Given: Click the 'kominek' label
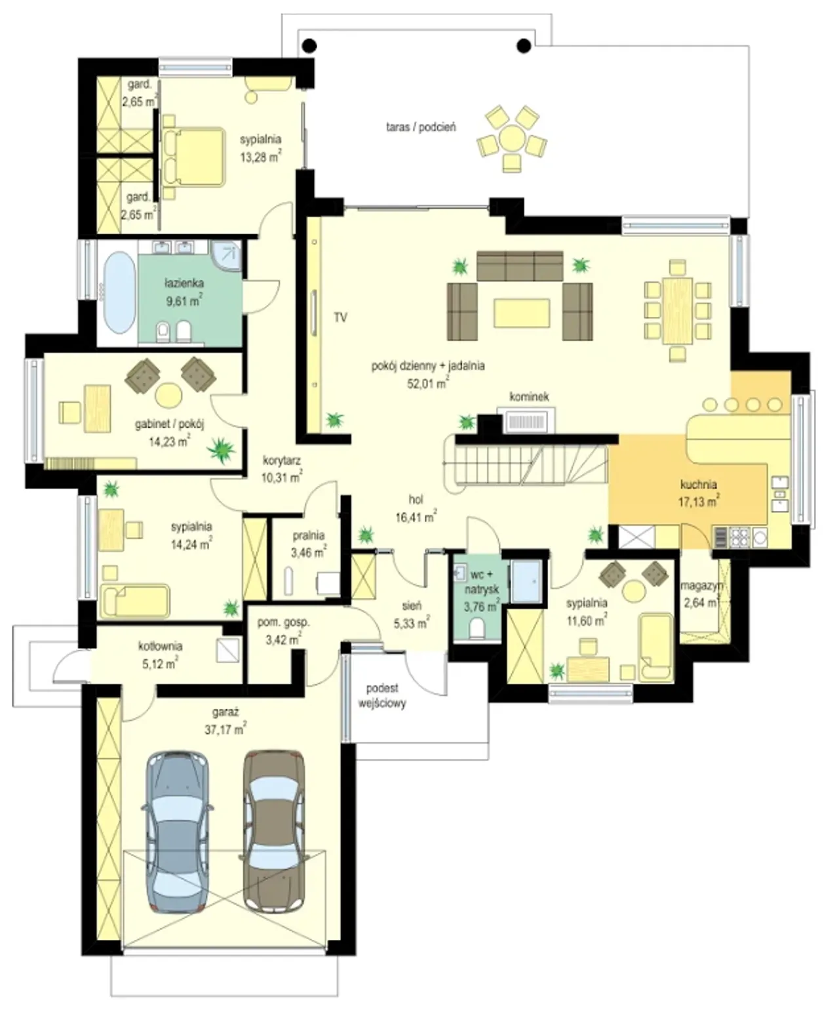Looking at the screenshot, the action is (529, 396).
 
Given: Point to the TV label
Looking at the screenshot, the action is (340, 317).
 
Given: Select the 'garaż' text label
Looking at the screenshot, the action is (225, 713).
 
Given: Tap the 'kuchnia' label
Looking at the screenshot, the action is (699, 484).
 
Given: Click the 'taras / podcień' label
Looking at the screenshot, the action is (421, 127).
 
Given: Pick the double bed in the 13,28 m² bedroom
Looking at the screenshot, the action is (194, 157).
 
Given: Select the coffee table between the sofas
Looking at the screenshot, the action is (522, 313).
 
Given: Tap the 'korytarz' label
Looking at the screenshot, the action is (282, 460).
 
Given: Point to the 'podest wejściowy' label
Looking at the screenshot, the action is (382, 695).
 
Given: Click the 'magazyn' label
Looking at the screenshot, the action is (701, 586).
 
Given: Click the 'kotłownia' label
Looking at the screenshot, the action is (160, 647).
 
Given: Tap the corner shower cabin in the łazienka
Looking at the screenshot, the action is (226, 255).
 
